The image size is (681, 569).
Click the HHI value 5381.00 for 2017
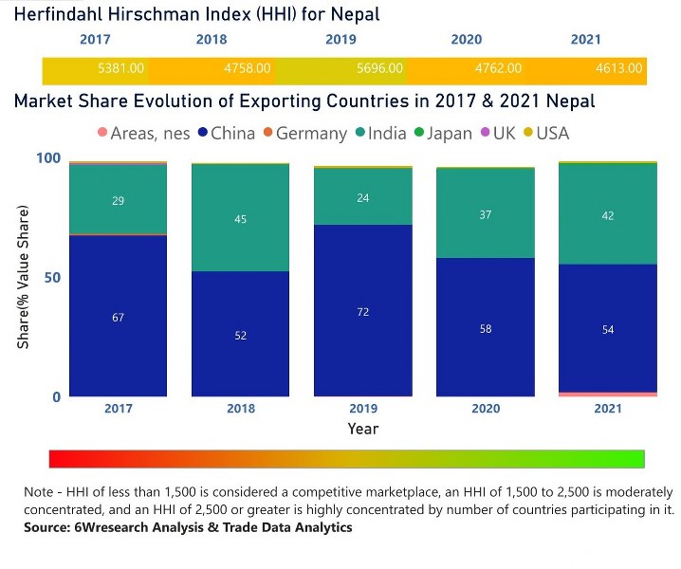pyautogui.click(x=120, y=69)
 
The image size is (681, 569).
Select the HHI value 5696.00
pyautogui.click(x=379, y=69)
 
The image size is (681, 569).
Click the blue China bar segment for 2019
pyautogui.click(x=363, y=310)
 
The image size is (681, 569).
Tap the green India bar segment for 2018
pyautogui.click(x=241, y=218)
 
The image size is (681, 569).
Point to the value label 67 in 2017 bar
pyautogui.click(x=118, y=318)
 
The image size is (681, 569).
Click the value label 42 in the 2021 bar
pyautogui.click(x=608, y=216)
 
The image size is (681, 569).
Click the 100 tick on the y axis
pyautogui.click(x=48, y=158)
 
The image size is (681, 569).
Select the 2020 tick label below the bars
pyautogui.click(x=486, y=408)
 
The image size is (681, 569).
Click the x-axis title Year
pyautogui.click(x=363, y=429)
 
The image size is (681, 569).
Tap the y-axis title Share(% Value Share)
pyautogui.click(x=23, y=276)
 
